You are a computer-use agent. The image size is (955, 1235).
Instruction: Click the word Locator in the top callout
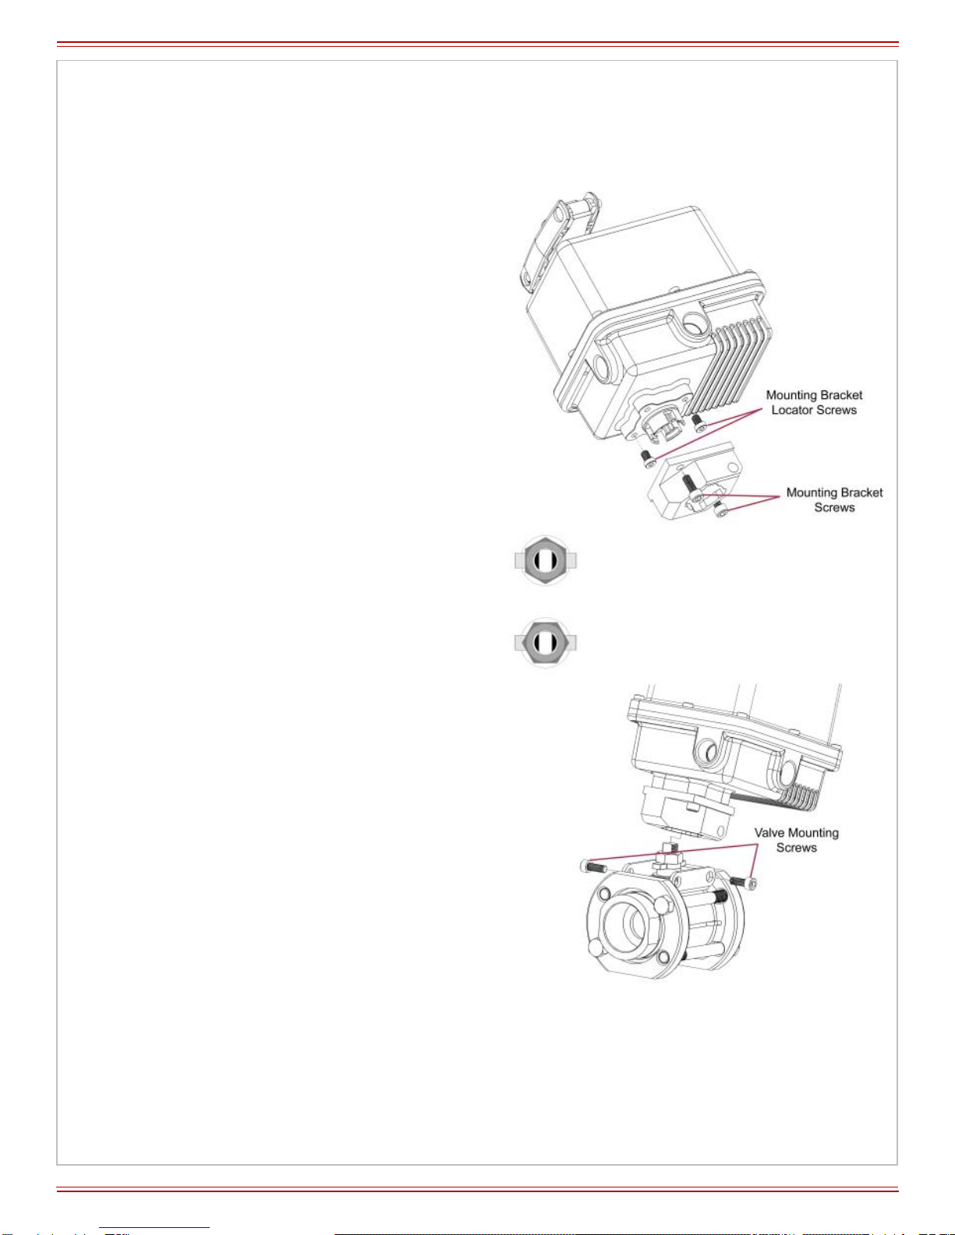click(x=791, y=410)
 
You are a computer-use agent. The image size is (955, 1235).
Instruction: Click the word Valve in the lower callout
click(x=769, y=833)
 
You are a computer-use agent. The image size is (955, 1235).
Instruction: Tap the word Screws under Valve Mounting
click(x=797, y=848)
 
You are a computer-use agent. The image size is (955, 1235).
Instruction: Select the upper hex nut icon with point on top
click(x=545, y=561)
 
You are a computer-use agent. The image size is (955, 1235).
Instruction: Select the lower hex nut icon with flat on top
click(x=545, y=643)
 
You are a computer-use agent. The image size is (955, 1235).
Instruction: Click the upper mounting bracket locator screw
click(x=699, y=422)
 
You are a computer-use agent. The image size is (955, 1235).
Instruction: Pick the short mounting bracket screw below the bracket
click(x=721, y=509)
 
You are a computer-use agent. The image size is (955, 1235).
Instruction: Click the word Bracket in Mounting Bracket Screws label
click(x=862, y=492)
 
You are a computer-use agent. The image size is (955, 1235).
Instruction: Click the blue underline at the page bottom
click(x=154, y=1228)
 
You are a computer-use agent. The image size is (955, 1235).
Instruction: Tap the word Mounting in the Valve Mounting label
click(x=813, y=833)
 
